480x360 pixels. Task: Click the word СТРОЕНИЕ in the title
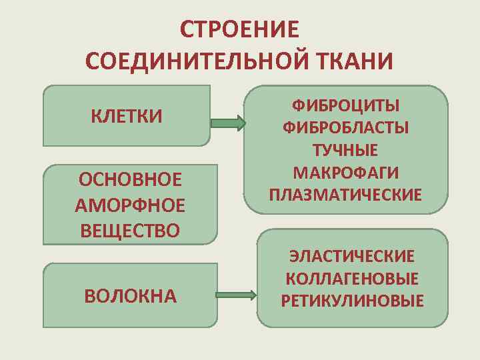tap(239, 30)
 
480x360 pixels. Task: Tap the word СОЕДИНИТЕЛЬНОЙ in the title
tap(194, 61)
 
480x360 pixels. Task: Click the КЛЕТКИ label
tap(127, 116)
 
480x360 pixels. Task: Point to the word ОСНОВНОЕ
tap(130, 180)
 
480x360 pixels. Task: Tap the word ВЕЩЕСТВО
tap(130, 231)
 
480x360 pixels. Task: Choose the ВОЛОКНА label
tap(131, 295)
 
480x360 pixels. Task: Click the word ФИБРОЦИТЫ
tap(345, 105)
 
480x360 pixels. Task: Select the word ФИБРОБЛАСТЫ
tap(345, 127)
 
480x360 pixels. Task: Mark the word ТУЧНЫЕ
tap(345, 150)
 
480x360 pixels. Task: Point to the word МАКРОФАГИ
tap(345, 173)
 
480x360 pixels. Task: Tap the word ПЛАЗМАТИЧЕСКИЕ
tap(345, 195)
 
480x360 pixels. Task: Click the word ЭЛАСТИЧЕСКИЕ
tap(351, 256)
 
